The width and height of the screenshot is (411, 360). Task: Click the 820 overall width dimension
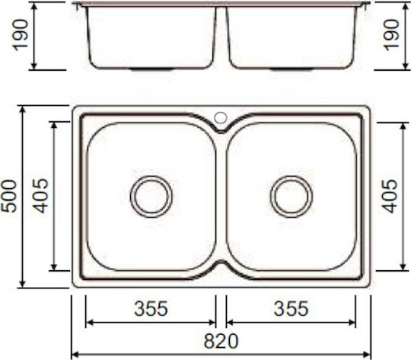tap(221, 341)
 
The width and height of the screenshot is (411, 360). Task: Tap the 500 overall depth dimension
tap(9, 196)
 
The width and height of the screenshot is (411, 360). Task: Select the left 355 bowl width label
tap(151, 308)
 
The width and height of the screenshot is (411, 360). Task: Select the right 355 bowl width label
tap(291, 308)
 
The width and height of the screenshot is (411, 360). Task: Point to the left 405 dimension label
tap(40, 196)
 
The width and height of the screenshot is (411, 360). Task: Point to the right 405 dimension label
tap(390, 196)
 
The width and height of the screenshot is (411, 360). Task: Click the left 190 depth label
tap(21, 35)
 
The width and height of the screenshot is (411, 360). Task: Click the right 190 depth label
tap(391, 35)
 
